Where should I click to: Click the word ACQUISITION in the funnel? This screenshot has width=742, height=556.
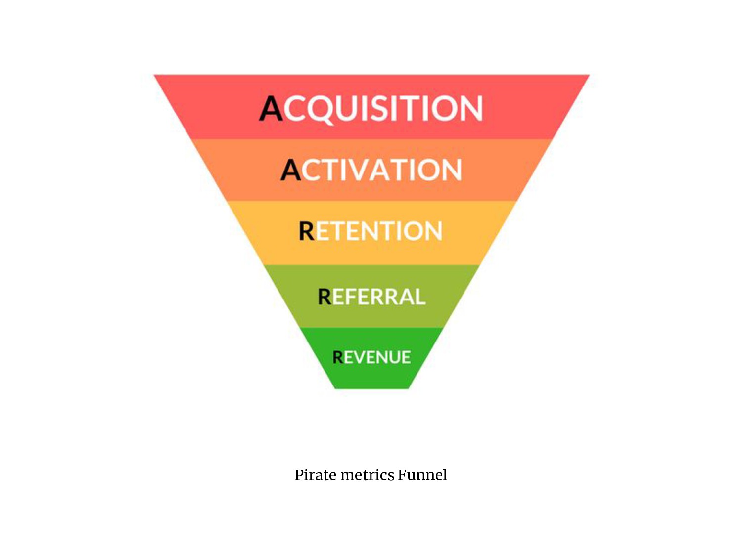371,108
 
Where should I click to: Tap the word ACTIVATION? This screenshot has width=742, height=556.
371,170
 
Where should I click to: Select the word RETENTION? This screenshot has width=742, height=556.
371,231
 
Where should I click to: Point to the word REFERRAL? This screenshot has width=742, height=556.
371,297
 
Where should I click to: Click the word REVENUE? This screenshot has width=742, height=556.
371,357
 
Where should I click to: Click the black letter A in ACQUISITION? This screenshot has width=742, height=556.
271,108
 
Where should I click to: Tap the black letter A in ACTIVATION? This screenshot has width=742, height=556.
291,170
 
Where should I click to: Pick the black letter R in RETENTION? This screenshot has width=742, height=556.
307,231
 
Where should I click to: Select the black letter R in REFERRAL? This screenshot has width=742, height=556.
325,297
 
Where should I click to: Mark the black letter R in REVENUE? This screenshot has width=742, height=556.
338,357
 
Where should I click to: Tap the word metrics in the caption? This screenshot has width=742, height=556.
367,475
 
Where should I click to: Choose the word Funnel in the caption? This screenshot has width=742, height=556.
422,475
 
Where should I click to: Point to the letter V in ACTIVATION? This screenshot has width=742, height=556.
372,170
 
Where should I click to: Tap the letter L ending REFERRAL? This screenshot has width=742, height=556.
419,297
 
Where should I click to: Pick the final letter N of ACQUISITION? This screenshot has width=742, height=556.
470,108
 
